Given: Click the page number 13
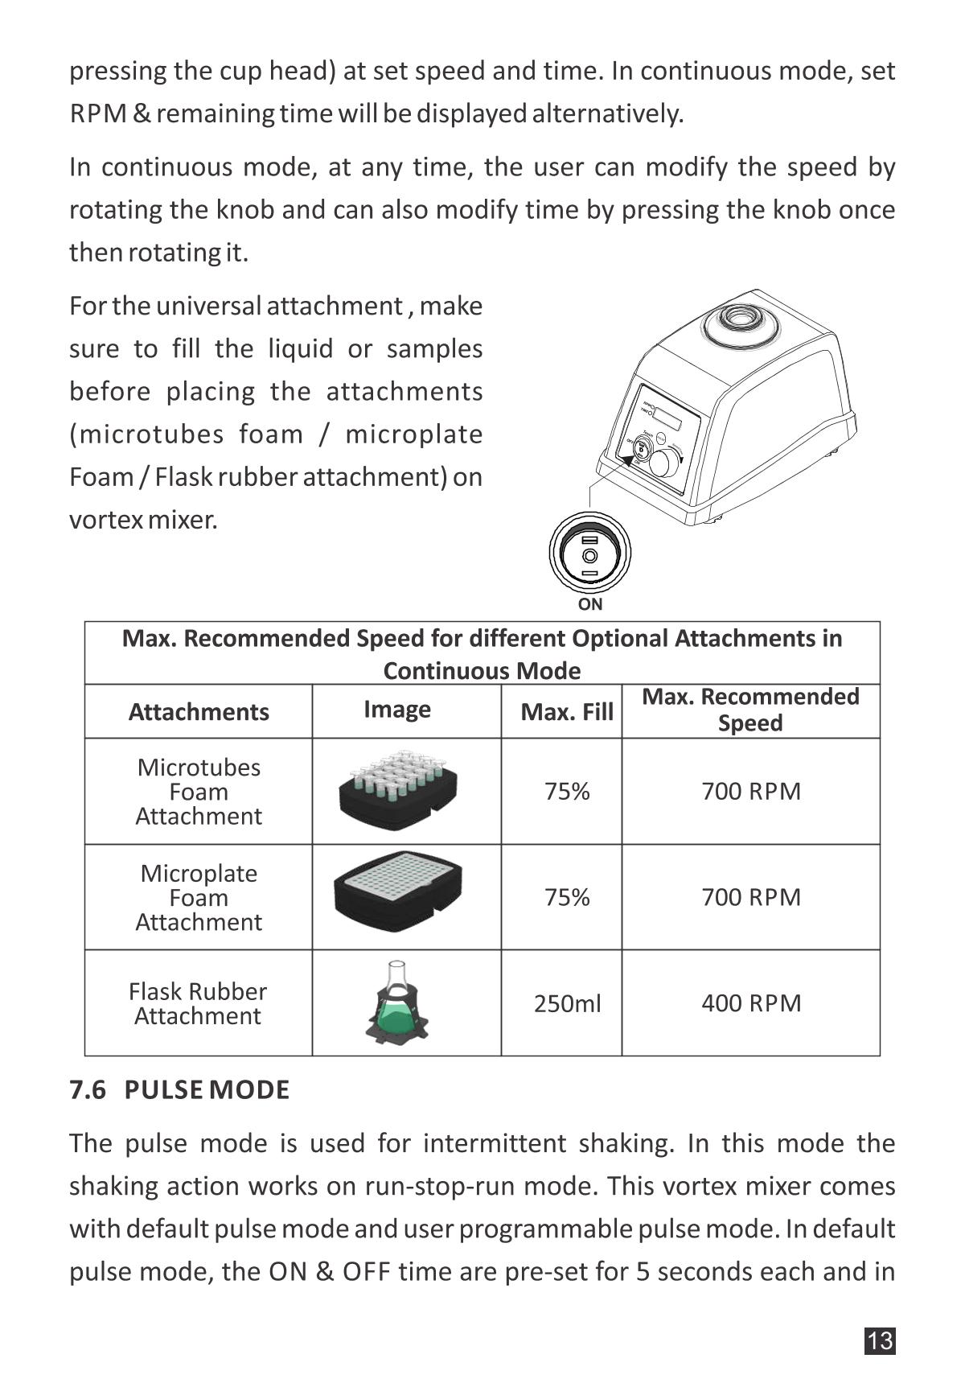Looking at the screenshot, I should (x=880, y=1340).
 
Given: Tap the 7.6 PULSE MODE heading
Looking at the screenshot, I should (x=179, y=1090).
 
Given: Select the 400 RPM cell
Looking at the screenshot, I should (x=751, y=1003).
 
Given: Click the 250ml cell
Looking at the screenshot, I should (x=567, y=1003).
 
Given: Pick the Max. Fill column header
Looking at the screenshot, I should (x=567, y=711).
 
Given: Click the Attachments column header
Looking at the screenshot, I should (x=199, y=711).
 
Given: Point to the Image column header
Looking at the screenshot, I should (x=397, y=709).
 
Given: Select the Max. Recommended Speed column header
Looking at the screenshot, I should (x=750, y=710).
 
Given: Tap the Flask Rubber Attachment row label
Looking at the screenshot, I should (x=198, y=1003).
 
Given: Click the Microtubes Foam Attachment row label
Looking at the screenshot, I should (x=199, y=792).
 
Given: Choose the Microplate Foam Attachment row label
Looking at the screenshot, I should (x=199, y=897).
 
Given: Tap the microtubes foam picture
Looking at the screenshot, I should (x=399, y=789).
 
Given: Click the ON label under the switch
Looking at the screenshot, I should (x=590, y=604).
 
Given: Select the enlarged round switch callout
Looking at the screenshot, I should (x=590, y=555).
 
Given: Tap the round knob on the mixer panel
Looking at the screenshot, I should (x=664, y=463).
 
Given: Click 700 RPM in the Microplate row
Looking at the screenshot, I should (x=751, y=897).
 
